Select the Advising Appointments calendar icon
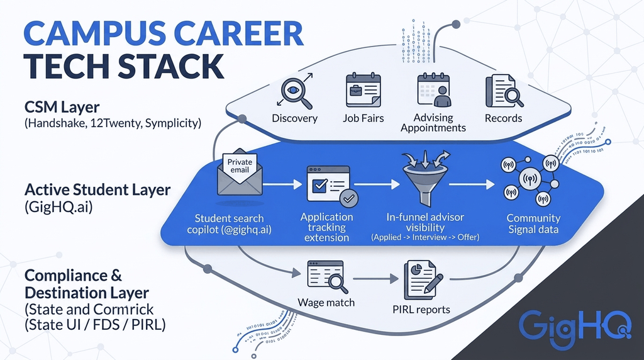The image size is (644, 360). (x=434, y=90)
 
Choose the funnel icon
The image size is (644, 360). (x=426, y=178)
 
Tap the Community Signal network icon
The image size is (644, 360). (x=530, y=180)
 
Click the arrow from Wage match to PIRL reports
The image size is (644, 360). (x=375, y=279)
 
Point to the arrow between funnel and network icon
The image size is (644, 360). (x=472, y=184)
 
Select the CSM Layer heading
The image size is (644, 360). (x=62, y=107)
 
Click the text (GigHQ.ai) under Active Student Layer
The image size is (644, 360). (x=58, y=206)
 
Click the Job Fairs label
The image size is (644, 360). (x=364, y=118)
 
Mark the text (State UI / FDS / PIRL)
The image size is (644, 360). (x=96, y=325)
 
